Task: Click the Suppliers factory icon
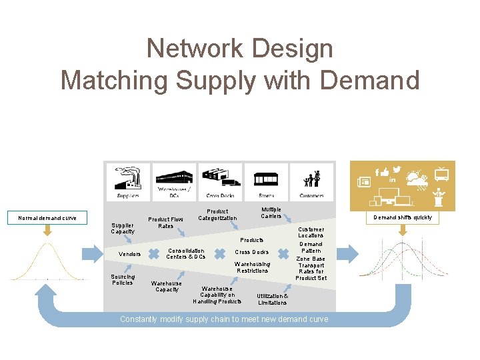point(128,179)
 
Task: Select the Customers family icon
point(311,179)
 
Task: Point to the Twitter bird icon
point(397,170)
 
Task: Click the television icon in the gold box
point(441,174)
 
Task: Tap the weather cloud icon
point(417,180)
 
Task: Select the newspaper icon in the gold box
point(364,181)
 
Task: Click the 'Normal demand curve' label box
point(47,217)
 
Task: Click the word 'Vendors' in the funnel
point(129,254)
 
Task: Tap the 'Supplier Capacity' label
point(122,228)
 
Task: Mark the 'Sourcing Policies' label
point(123,279)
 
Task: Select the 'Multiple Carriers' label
point(271,213)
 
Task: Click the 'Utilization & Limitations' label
point(273,299)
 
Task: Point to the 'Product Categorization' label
point(217,215)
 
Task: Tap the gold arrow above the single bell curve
point(47,231)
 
